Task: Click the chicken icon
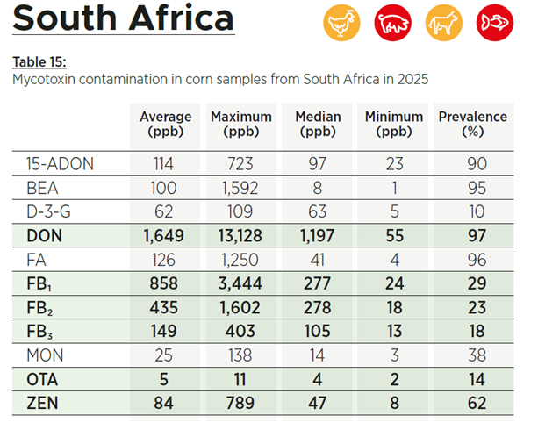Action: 341,23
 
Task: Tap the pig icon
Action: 392,23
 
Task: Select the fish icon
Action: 495,23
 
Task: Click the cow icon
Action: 444,23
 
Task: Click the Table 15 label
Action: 39,62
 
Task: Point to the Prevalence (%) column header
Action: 473,125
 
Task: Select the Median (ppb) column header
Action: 318,125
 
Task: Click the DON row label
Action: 44,236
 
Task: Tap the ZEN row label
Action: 42,403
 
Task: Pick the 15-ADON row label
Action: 60,164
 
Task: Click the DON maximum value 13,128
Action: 240,236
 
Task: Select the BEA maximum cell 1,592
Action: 240,188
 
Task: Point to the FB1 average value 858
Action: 163,283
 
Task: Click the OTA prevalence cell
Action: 477,379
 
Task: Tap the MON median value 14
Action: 317,355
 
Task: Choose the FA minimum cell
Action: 395,260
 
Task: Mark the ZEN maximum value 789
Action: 240,403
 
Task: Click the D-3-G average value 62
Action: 163,211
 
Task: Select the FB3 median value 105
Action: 317,332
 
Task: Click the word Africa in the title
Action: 181,18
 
